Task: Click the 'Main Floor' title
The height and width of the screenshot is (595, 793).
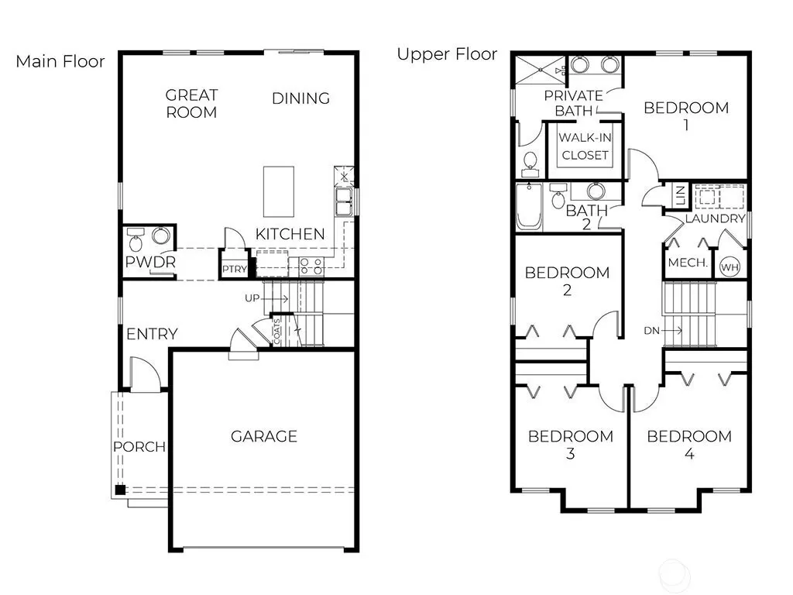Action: coord(60,61)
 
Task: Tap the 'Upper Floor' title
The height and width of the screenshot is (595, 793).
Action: coord(447,53)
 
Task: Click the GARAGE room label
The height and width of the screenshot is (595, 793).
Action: coord(263,436)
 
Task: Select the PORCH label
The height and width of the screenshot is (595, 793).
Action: coord(139,447)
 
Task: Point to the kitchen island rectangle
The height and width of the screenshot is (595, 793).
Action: coord(279,192)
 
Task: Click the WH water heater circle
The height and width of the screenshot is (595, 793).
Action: coord(729,267)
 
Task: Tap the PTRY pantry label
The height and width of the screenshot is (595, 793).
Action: coord(235,269)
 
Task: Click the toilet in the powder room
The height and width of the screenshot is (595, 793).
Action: coord(136,240)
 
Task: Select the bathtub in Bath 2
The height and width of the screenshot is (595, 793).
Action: coord(529,206)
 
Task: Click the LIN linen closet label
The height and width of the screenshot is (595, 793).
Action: coord(681,194)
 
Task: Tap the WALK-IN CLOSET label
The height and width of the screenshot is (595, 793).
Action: coord(585,146)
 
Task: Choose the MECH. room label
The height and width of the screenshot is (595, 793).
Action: coord(688,263)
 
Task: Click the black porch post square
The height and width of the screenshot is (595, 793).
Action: coord(120,490)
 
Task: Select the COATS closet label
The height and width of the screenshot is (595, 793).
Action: coord(276,332)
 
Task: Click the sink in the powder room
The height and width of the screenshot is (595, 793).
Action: coord(161,236)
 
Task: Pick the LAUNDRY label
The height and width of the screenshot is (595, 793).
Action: coord(715,218)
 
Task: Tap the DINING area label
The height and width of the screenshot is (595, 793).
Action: coord(301,98)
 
